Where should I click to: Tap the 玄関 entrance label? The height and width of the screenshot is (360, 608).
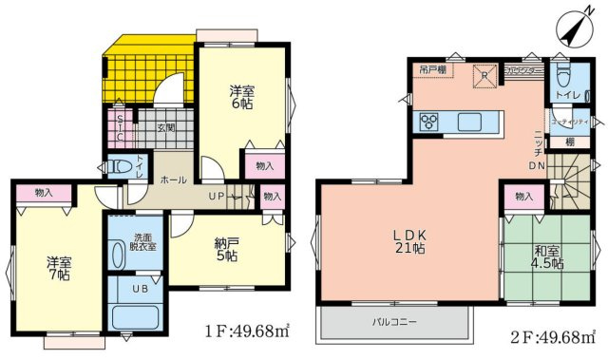click(166, 126)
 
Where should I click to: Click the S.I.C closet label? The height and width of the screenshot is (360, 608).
click(120, 126)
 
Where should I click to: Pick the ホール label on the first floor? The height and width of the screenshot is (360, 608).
click(172, 179)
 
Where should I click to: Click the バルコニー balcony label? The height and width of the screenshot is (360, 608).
click(393, 324)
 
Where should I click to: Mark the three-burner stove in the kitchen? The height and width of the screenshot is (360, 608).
click(428, 122)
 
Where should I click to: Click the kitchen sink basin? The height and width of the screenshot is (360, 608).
click(471, 122)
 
